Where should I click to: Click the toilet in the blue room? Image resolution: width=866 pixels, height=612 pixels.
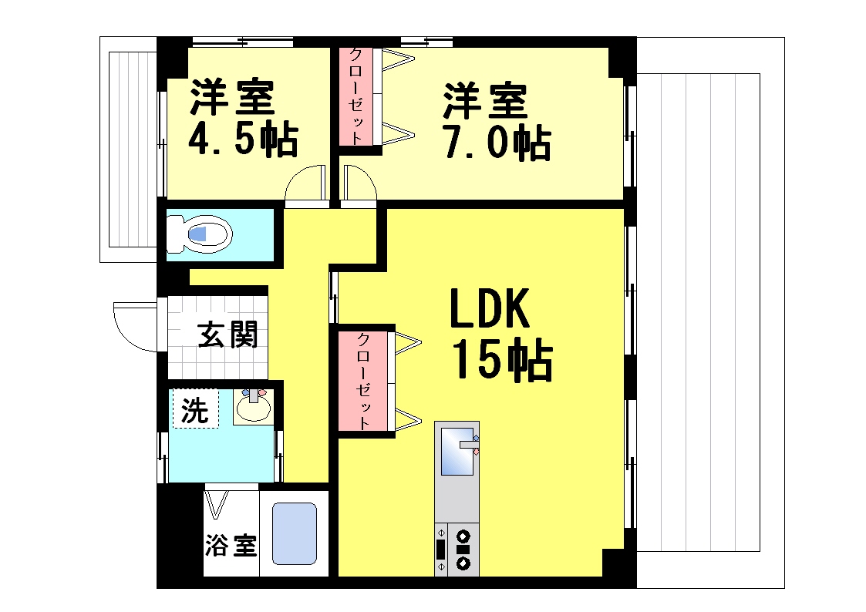pyautogui.click(x=200, y=234)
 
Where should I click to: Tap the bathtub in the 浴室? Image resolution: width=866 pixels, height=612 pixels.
pyautogui.click(x=295, y=533)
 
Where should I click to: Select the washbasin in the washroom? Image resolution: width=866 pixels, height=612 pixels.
pyautogui.click(x=254, y=407)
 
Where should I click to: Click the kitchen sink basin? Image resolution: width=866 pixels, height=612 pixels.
pyautogui.click(x=457, y=451)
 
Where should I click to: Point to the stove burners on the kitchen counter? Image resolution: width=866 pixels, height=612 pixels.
pyautogui.click(x=463, y=550)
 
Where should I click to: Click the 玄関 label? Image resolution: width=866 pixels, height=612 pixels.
pyautogui.click(x=227, y=335)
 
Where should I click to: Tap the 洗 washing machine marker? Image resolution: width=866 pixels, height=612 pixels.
pyautogui.click(x=196, y=409)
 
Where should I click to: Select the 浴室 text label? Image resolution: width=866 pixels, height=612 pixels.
pyautogui.click(x=231, y=546)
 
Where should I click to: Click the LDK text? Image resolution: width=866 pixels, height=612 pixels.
pyautogui.click(x=490, y=310)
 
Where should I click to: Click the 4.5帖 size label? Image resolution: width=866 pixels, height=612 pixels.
pyautogui.click(x=243, y=140)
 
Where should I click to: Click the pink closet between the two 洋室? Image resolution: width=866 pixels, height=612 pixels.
pyautogui.click(x=355, y=96)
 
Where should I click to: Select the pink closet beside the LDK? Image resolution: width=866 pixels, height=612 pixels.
pyautogui.click(x=363, y=381)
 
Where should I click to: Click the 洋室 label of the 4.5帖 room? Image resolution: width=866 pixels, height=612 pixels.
pyautogui.click(x=232, y=98)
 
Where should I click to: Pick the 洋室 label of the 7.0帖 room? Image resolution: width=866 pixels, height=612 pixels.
pyautogui.click(x=485, y=101)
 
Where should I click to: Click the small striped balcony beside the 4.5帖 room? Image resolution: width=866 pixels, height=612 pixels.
pyautogui.click(x=133, y=149)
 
